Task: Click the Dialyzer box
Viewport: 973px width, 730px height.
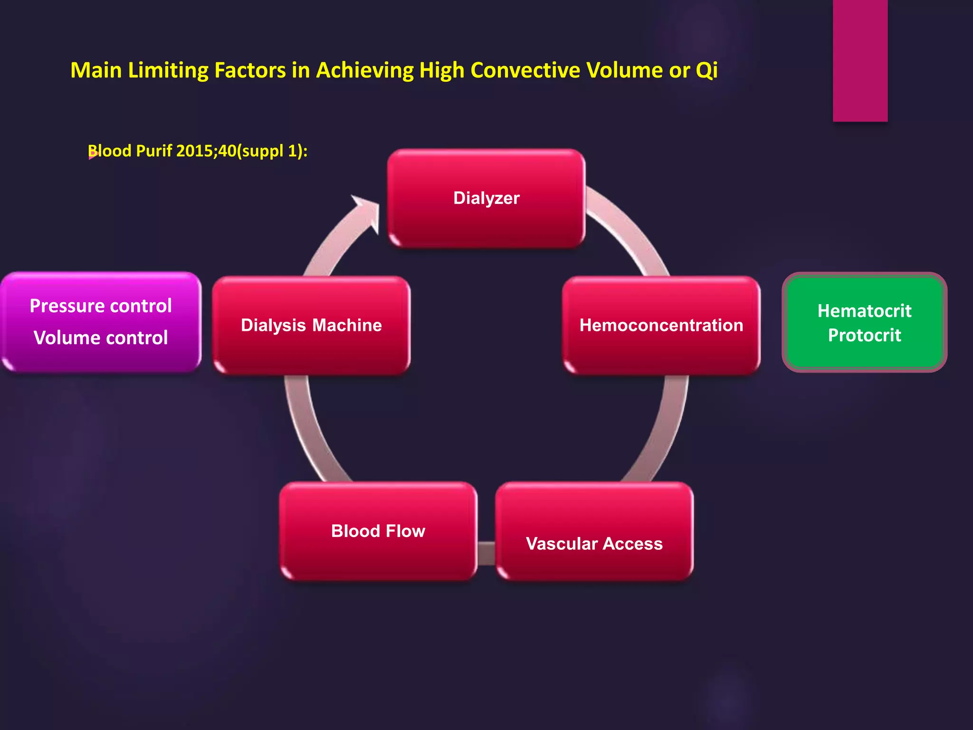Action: [x=486, y=198]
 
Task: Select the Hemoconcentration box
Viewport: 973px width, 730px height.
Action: [x=661, y=326]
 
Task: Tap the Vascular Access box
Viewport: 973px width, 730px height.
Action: [x=594, y=531]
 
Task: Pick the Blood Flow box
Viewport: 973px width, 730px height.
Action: [x=378, y=531]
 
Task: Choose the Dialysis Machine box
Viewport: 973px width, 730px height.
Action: [x=311, y=326]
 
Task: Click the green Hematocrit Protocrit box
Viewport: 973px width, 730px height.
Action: [x=864, y=323]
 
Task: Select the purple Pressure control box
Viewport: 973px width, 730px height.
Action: [x=101, y=322]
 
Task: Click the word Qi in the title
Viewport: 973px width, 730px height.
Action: [x=706, y=70]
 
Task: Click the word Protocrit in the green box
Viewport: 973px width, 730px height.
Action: [x=864, y=336]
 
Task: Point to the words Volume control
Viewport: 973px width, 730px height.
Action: [x=101, y=338]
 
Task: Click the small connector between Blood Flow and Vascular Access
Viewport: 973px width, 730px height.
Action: [x=486, y=554]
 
